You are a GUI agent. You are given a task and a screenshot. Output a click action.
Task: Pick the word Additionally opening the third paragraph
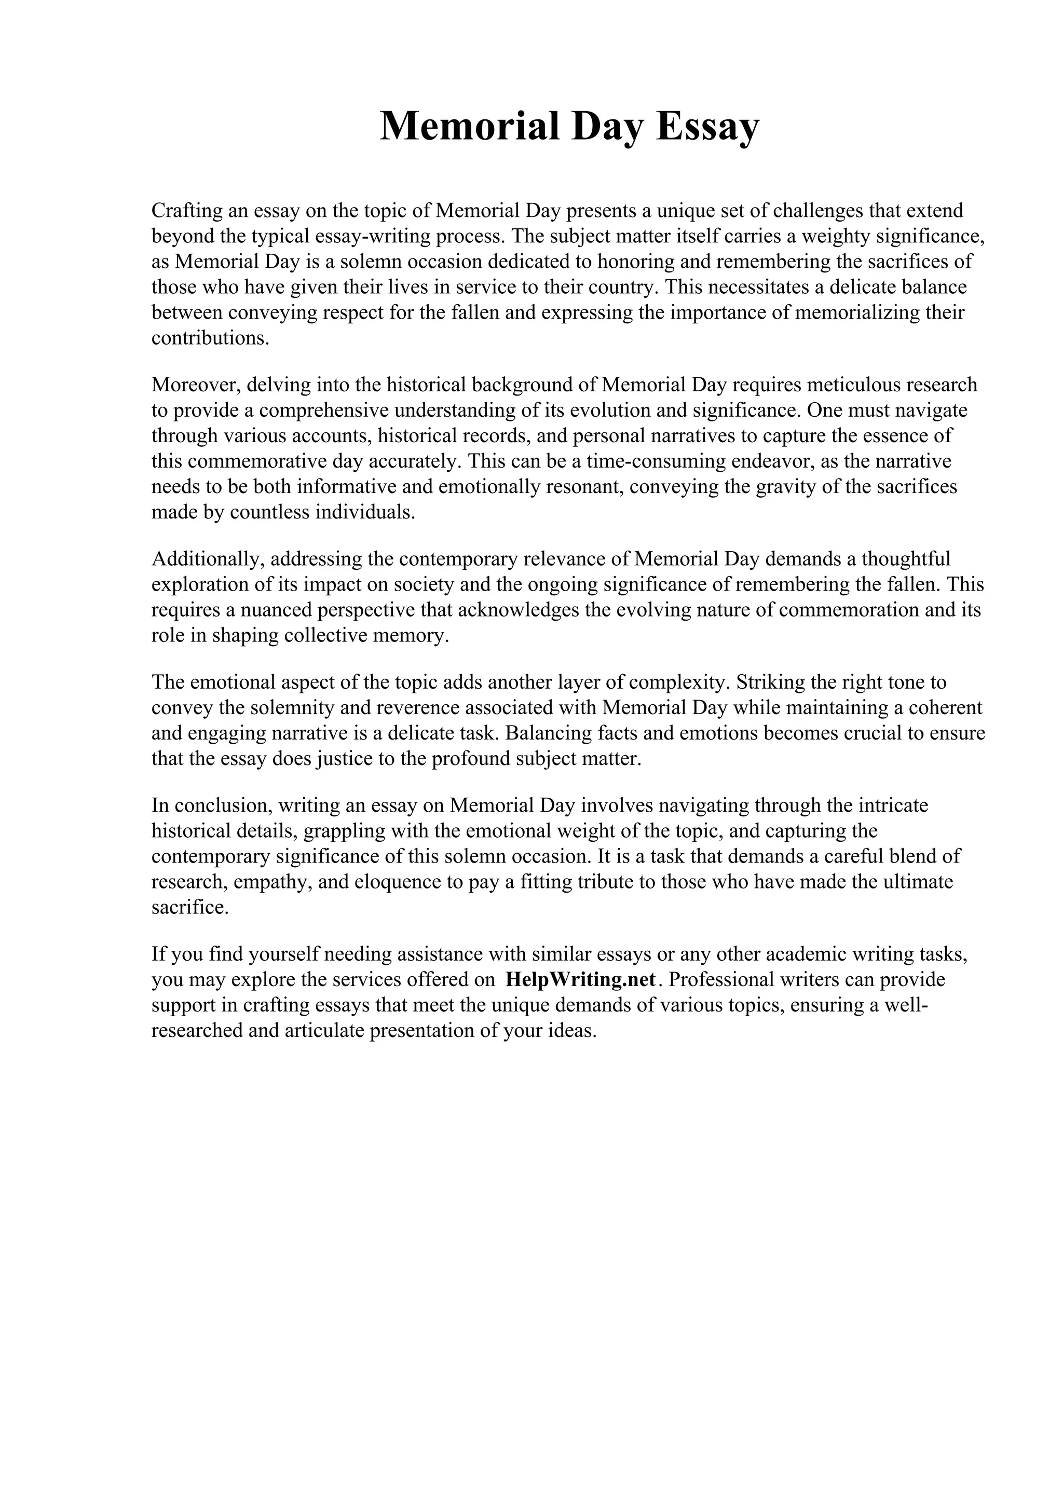207,559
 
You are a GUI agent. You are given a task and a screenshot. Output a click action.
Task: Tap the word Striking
771,682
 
